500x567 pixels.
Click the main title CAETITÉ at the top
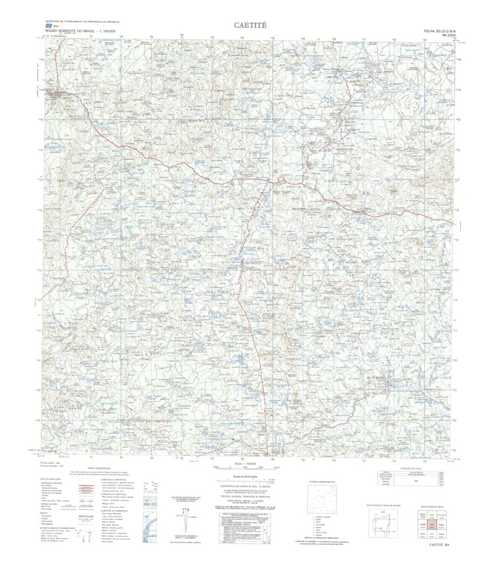coord(250,25)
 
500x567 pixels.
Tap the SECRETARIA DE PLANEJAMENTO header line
coord(82,21)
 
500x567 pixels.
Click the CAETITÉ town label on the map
coord(66,99)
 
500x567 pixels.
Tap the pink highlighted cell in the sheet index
coord(431,524)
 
